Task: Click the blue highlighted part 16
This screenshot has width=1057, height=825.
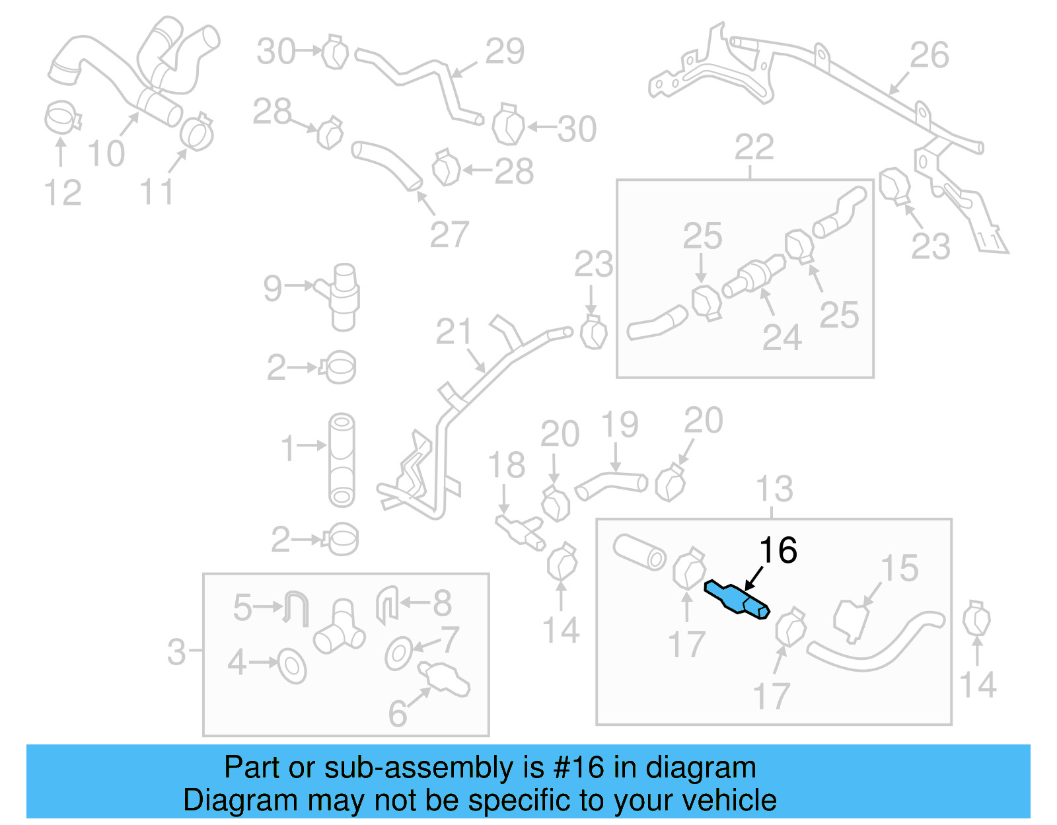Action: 736,598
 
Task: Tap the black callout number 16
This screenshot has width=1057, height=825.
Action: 778,550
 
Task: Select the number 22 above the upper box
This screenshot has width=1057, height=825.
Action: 754,147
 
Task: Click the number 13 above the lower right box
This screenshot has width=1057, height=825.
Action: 774,489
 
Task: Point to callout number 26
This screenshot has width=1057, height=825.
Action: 929,55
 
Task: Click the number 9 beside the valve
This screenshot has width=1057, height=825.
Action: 272,288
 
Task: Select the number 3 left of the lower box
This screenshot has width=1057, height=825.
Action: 176,652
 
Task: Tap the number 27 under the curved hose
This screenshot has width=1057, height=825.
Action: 449,234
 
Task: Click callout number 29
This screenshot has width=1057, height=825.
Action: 505,51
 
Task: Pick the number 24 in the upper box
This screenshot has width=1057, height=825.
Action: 782,338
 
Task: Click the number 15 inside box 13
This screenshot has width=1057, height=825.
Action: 899,568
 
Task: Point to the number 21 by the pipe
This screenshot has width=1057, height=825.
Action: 454,332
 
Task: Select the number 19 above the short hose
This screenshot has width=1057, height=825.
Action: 619,425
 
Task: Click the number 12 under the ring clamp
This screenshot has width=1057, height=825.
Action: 62,193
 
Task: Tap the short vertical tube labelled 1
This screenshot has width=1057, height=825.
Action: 342,460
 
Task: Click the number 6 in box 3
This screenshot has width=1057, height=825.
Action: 397,713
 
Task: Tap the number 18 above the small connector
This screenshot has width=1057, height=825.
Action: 506,465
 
